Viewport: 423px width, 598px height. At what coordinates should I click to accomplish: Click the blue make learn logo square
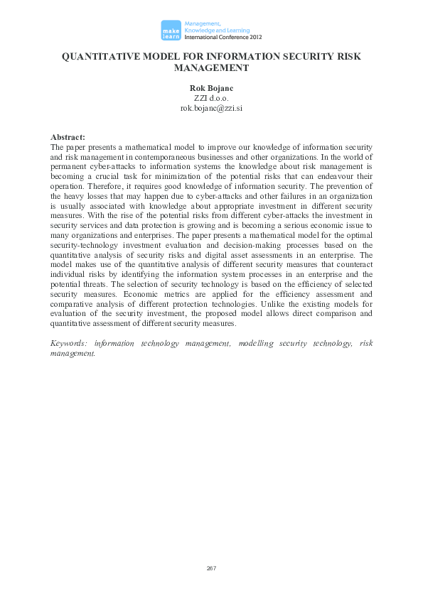tap(170, 29)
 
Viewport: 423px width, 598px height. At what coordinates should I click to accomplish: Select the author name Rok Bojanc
tap(211, 88)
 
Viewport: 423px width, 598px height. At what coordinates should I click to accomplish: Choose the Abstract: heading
tap(68, 136)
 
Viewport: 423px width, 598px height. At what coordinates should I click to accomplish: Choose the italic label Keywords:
tap(69, 343)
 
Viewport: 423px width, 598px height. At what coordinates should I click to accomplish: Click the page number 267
tap(211, 568)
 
